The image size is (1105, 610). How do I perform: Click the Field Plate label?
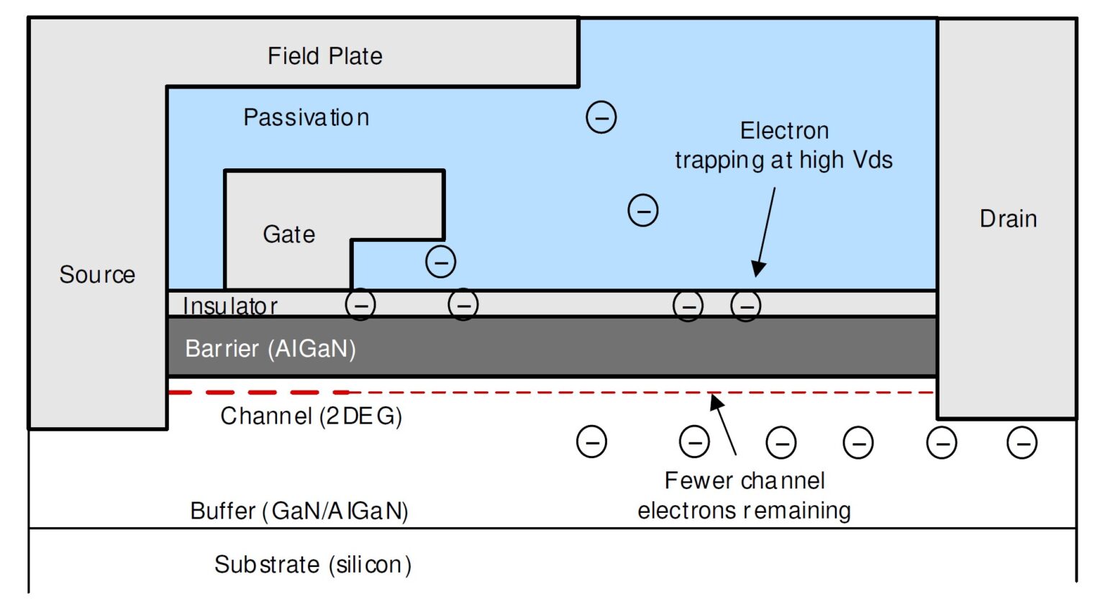324,56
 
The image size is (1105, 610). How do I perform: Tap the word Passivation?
306,117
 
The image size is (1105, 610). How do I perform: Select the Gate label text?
288,235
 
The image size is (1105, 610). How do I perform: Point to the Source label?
97,275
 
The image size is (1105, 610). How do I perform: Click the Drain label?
1008,219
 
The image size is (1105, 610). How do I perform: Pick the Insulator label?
230,306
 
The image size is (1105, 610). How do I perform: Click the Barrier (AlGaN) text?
270,349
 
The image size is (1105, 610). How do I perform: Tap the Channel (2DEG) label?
311,416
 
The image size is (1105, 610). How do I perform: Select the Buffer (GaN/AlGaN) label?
299,511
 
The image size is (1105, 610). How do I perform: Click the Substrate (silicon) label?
313,565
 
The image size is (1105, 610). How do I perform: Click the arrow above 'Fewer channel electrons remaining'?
724,424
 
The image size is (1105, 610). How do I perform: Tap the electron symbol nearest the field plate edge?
601,117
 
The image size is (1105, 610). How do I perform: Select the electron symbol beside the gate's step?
441,262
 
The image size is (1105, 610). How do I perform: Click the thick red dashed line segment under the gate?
259,393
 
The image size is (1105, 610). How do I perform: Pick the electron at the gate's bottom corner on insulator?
360,305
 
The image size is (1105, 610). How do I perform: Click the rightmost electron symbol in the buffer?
1022,442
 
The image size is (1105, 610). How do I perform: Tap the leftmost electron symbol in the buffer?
591,442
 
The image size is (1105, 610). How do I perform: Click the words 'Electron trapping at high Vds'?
783,145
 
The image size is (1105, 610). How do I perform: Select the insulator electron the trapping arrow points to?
746,306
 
